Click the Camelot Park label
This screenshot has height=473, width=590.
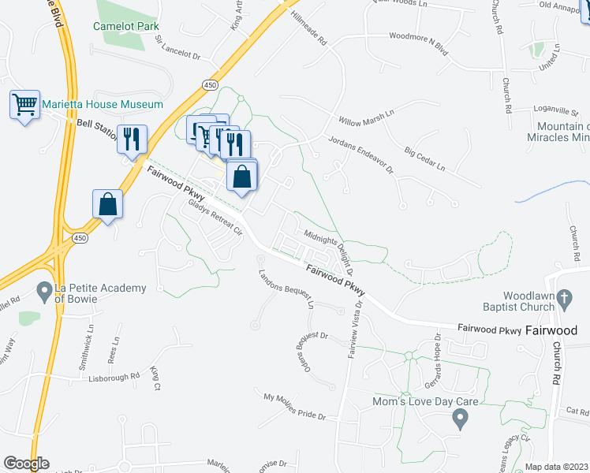point(126,26)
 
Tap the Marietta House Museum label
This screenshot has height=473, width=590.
point(103,104)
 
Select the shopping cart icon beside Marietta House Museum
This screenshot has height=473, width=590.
point(24,104)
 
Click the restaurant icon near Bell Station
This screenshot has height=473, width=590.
point(132,139)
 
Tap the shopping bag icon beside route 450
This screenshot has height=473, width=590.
point(106,203)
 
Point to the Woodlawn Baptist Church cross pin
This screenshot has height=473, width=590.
point(563,299)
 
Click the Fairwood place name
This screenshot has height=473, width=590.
point(551,331)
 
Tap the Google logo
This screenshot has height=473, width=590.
point(26,464)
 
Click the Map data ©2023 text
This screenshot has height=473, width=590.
point(557,467)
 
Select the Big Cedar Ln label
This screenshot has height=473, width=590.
point(424,157)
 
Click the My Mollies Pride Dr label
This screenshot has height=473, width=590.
point(294,406)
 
